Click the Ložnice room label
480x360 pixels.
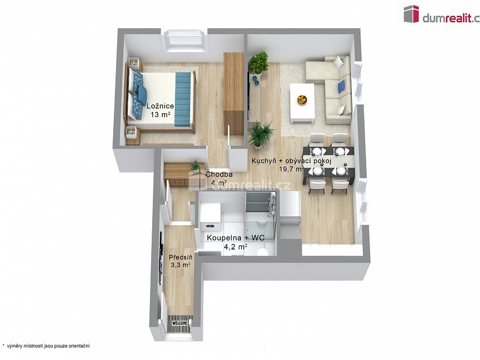tap(160, 106)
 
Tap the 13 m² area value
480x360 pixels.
tap(160, 114)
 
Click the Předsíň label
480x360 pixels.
tap(181, 256)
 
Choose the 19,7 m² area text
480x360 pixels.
tap(292, 169)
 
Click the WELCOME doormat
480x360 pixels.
tap(179, 323)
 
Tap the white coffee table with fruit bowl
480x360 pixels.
tap(303, 102)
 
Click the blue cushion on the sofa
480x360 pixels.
tap(341, 86)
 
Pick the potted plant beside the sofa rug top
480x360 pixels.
tap(259, 63)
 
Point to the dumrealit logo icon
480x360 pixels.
tap(411, 14)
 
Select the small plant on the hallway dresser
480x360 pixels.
tap(195, 166)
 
